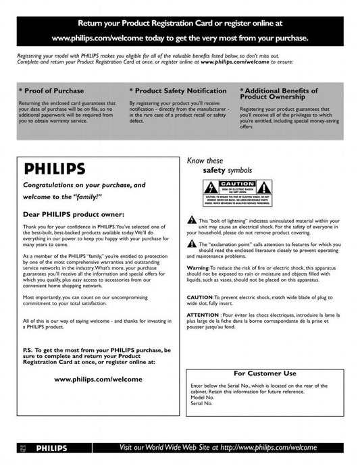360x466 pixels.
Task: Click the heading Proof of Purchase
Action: pos(53,90)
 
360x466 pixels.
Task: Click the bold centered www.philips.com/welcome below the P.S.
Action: pos(98,379)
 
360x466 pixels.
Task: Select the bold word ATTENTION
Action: pos(203,315)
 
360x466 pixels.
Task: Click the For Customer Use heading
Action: pos(265,373)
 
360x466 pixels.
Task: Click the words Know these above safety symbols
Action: pos(205,161)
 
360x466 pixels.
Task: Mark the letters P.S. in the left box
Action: pos(29,351)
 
